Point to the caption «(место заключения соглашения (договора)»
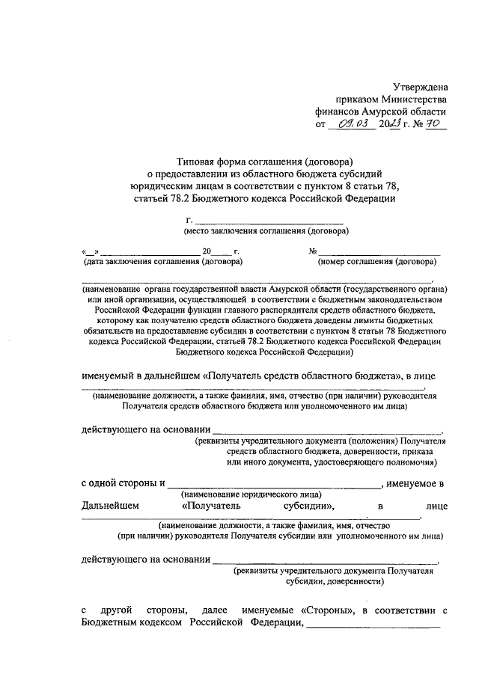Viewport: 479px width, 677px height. point(266,232)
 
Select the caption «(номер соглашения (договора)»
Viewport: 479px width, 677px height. point(376,263)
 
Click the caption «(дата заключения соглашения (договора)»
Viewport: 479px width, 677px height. point(162,263)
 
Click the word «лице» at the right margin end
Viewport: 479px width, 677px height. point(435,506)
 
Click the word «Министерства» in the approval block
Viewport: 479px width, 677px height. point(415,99)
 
